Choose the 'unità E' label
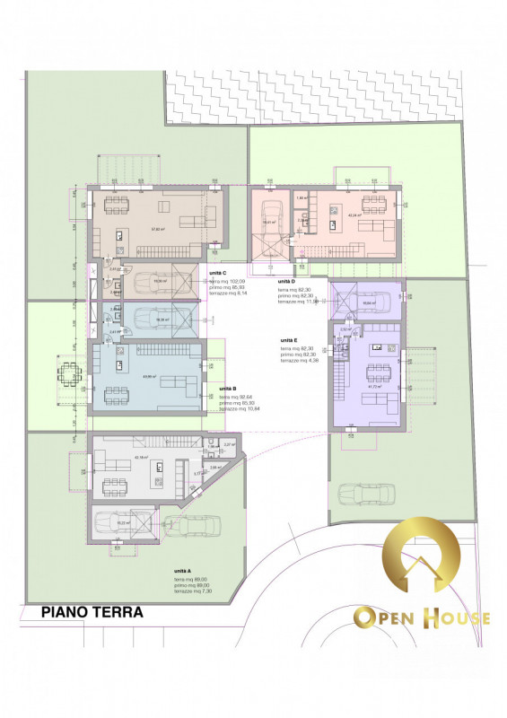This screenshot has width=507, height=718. (x=288, y=341)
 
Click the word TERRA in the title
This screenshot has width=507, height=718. (x=120, y=612)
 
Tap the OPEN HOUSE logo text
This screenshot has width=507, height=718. (x=421, y=617)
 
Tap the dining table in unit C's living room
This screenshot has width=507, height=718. (x=115, y=205)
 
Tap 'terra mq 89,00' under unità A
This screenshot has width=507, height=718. (x=192, y=579)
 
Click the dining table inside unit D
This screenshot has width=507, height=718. (x=370, y=202)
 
